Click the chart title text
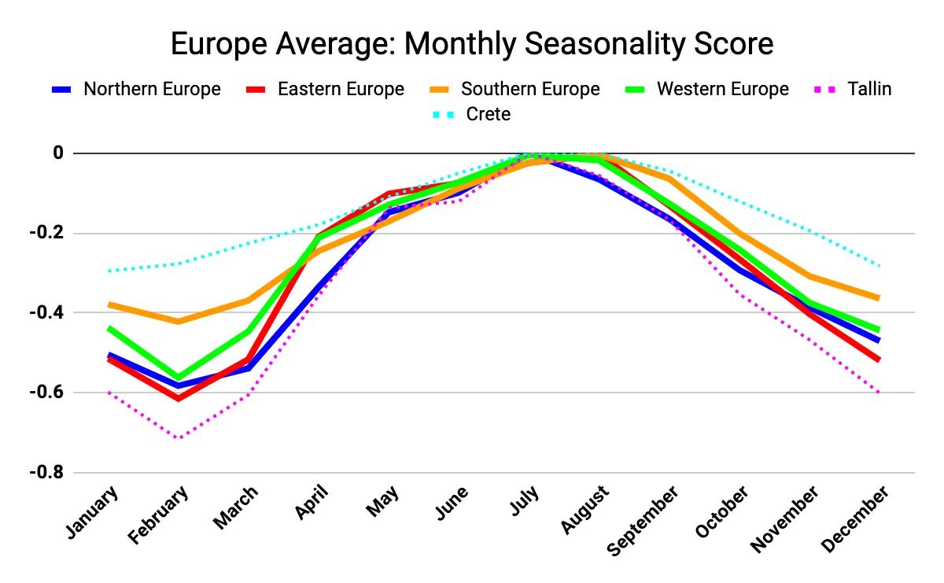(472, 44)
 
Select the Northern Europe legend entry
(152, 89)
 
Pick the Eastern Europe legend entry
(340, 89)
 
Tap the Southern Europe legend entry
(529, 89)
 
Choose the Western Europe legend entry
(722, 89)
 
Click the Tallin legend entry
(869, 89)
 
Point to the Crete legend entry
(488, 114)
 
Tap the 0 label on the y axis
(57, 153)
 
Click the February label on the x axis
(160, 515)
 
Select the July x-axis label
(524, 504)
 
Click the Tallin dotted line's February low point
(180, 437)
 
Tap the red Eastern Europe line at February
(180, 399)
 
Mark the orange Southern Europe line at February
(180, 321)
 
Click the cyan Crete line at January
(110, 271)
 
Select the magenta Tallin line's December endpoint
(878, 392)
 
